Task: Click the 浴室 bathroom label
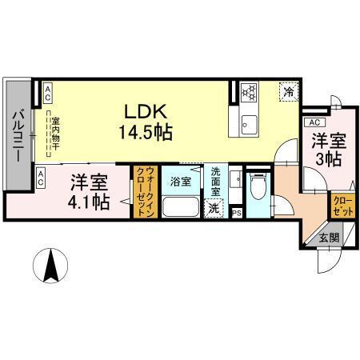[x=180, y=181]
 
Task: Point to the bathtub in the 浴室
[x=180, y=207]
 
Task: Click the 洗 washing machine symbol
[x=213, y=209]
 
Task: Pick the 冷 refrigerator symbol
[x=288, y=92]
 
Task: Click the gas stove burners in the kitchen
[x=246, y=92]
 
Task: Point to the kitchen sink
[x=246, y=125]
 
